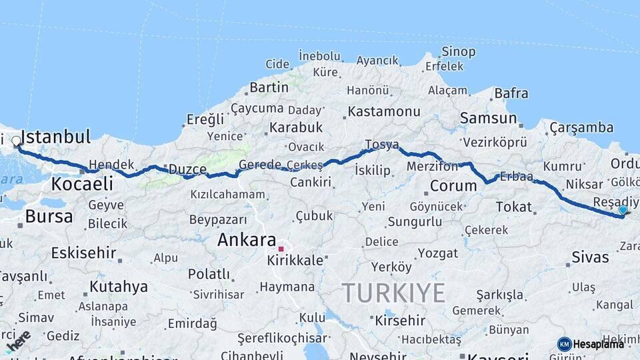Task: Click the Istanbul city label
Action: click(x=55, y=138)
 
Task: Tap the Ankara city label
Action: click(x=247, y=240)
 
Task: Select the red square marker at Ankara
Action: click(x=281, y=249)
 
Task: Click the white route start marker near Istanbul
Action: click(x=16, y=141)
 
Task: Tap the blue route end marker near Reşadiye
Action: click(x=623, y=210)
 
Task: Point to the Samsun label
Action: click(x=488, y=119)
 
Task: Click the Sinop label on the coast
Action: click(x=459, y=52)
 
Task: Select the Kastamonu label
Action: click(x=384, y=111)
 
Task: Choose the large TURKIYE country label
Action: click(x=393, y=293)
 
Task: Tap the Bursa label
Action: click(x=49, y=217)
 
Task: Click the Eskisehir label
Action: click(x=84, y=253)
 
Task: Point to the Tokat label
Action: click(x=513, y=207)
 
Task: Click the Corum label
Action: click(x=453, y=186)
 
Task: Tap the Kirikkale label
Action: click(x=295, y=260)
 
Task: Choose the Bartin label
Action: click(x=269, y=87)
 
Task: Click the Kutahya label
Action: click(x=119, y=287)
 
